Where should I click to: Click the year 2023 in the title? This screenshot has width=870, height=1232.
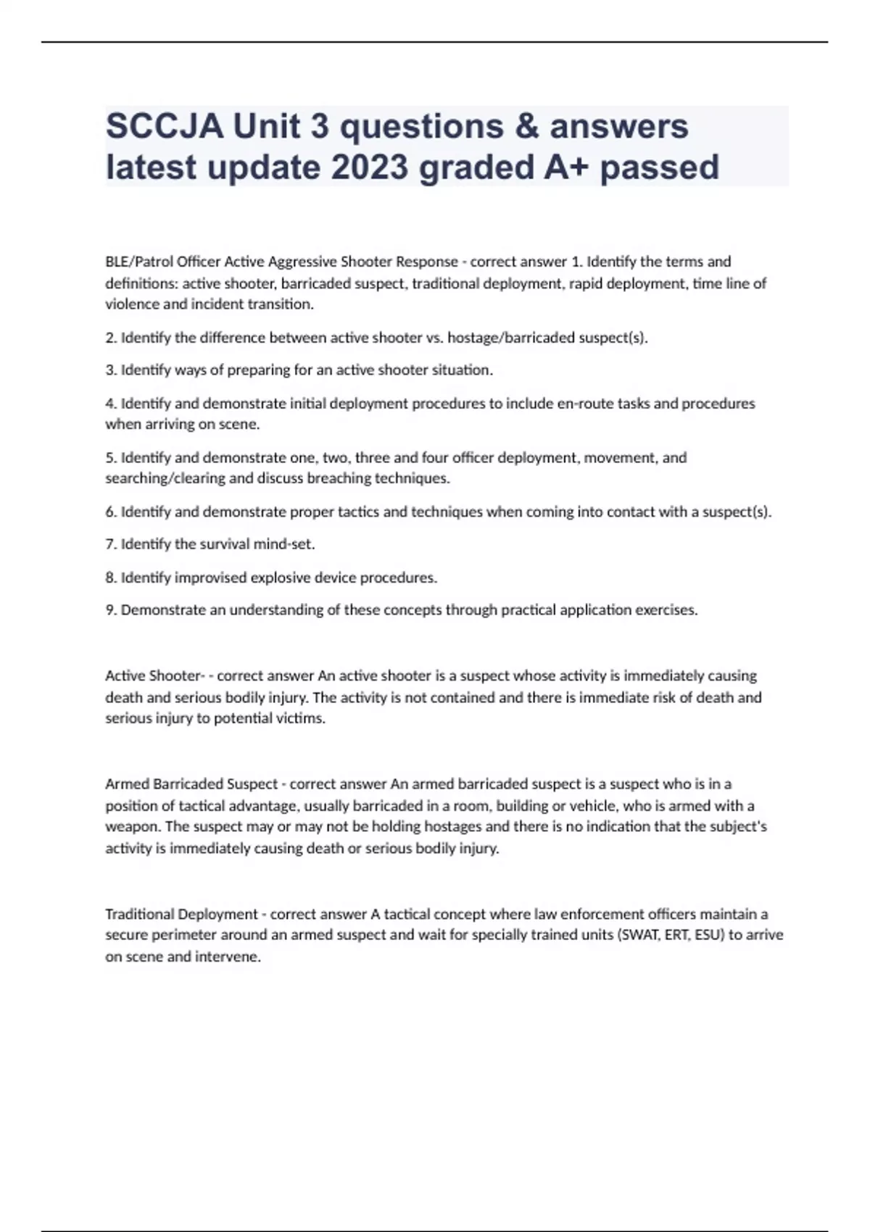click(370, 167)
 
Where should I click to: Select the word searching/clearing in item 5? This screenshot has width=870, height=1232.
click(165, 478)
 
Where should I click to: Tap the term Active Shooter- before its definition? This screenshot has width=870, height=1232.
click(155, 676)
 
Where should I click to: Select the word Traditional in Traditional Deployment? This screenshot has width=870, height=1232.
click(139, 915)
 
